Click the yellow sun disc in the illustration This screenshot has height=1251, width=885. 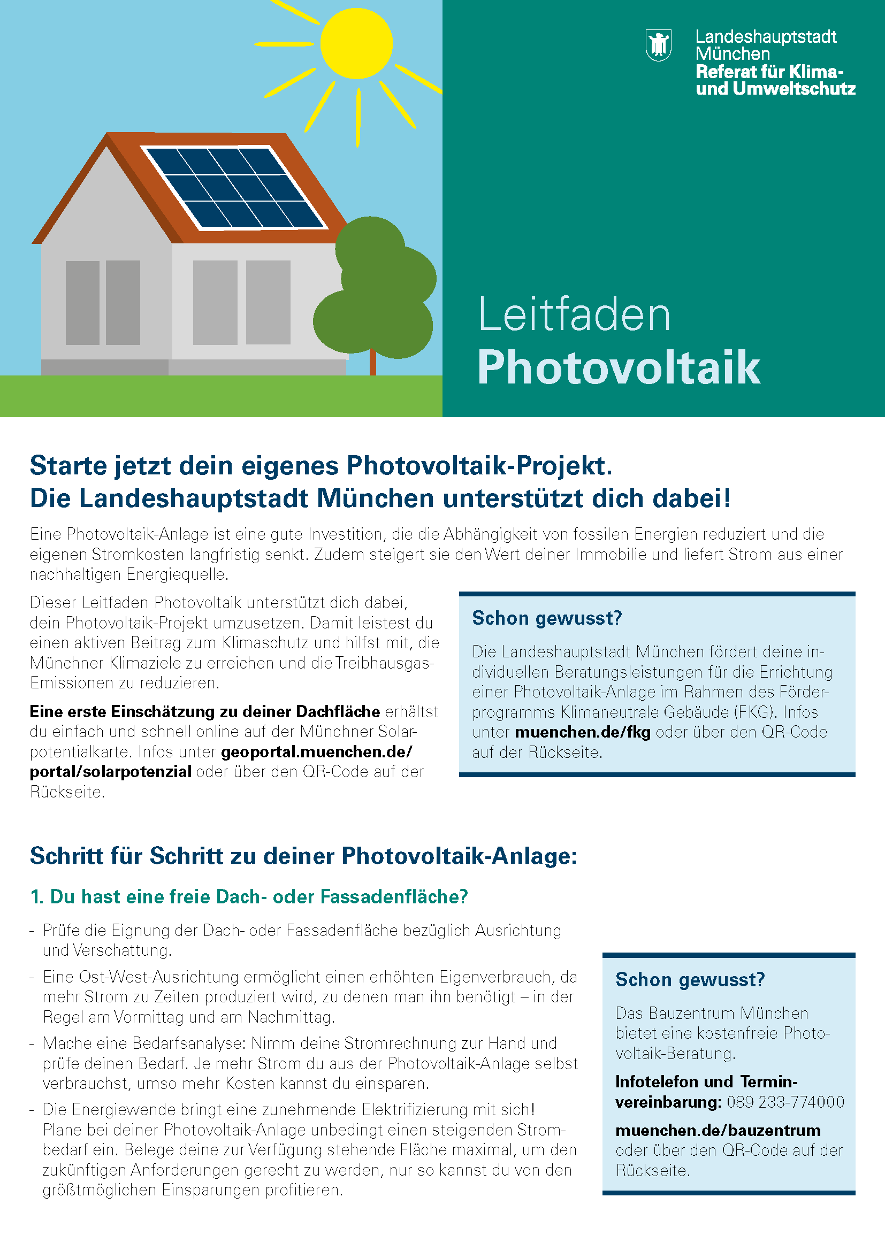pos(356,43)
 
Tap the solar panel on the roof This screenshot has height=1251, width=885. pos(234,187)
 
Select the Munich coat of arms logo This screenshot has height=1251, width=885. pos(658,45)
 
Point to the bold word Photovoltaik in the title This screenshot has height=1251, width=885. pos(618,369)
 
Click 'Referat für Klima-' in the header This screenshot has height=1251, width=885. pos(769,71)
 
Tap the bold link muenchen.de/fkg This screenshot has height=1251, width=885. pos(582,732)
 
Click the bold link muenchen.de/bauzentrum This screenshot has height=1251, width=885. pos(718,1130)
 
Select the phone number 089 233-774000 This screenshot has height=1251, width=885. pos(785,1102)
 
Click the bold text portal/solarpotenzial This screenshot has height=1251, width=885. pos(111,772)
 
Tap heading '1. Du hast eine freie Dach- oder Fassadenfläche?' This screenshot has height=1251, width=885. pos(249,897)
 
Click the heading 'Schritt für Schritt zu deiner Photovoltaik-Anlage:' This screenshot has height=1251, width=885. pos(303,856)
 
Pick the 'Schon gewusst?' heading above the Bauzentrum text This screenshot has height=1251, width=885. pos(690,980)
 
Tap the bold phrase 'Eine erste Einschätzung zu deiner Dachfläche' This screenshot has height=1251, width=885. pos(204,711)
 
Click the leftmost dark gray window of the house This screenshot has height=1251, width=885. pos(82,302)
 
